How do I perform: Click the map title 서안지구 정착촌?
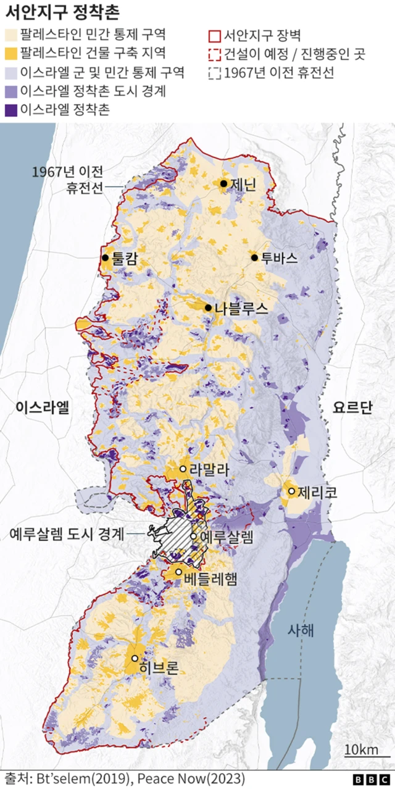click(x=62, y=12)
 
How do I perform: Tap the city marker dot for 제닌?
click(x=223, y=183)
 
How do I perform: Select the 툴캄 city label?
click(x=125, y=259)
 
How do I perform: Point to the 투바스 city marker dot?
click(x=254, y=257)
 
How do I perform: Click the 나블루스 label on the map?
click(x=241, y=308)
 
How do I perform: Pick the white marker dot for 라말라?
click(x=183, y=469)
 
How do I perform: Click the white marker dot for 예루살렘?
click(x=193, y=536)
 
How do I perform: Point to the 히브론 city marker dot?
click(x=134, y=659)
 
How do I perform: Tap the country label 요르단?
click(x=352, y=407)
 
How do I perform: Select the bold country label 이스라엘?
click(x=44, y=407)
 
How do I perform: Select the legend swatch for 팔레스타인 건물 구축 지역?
click(x=11, y=53)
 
